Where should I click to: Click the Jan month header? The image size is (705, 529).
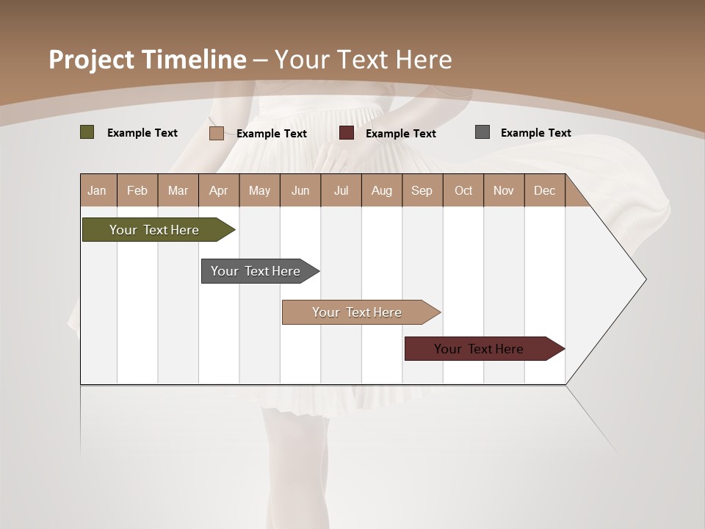(98, 190)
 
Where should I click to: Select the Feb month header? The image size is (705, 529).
(137, 190)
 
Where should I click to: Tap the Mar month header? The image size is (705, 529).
(178, 190)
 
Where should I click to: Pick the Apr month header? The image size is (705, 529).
(219, 190)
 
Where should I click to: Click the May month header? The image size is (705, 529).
(259, 190)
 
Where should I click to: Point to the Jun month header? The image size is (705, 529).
(300, 190)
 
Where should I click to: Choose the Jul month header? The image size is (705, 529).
(341, 190)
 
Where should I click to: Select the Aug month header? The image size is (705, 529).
(382, 190)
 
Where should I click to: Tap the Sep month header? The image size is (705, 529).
(422, 190)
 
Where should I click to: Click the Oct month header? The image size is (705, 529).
(463, 190)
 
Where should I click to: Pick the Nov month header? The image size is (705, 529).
(504, 190)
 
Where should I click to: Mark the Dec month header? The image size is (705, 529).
(544, 190)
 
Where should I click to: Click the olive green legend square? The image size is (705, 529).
(87, 132)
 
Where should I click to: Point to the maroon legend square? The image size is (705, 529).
(347, 133)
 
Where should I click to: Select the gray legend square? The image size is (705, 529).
(482, 132)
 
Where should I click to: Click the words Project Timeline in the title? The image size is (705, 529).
(148, 60)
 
